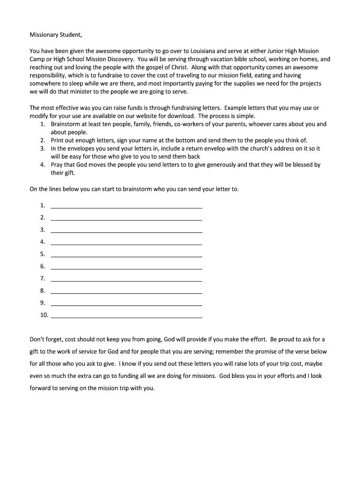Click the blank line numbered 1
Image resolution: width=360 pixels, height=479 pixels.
click(126, 206)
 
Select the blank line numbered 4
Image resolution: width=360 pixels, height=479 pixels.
click(126, 242)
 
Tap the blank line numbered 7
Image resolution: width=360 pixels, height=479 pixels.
click(126, 279)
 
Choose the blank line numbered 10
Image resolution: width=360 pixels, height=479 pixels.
click(126, 316)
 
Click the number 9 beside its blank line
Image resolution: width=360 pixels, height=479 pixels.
click(43, 303)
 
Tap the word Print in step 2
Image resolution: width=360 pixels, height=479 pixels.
click(58, 140)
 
